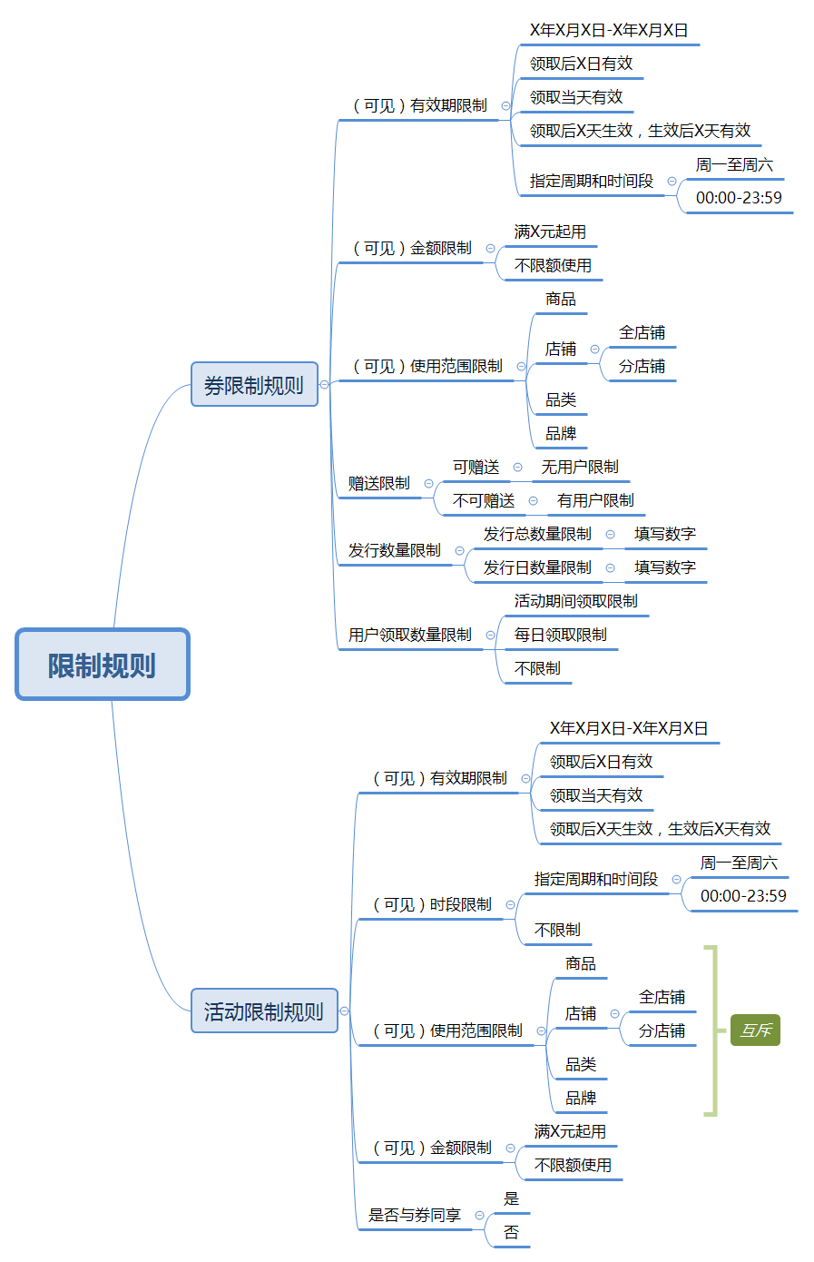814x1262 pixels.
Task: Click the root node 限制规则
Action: point(103,665)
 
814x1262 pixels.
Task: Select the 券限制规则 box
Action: point(254,384)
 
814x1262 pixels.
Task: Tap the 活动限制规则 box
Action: point(264,1011)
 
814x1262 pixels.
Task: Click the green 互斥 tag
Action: point(755,1030)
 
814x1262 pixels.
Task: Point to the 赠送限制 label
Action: point(379,483)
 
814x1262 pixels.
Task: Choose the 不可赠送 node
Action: point(484,500)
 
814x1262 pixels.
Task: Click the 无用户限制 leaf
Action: point(580,467)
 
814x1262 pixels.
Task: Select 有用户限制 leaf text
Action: point(595,500)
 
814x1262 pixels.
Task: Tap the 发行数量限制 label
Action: point(395,550)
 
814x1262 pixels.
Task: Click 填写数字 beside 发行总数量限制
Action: point(665,534)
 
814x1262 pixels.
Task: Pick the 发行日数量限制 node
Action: point(537,567)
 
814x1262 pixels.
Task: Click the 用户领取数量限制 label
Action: point(410,635)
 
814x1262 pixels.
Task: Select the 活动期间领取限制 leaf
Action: point(576,601)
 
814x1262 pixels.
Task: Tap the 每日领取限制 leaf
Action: point(561,635)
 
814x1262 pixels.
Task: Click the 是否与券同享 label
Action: point(415,1215)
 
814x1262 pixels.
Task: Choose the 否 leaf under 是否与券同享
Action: point(512,1232)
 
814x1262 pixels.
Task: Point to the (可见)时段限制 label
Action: point(432,904)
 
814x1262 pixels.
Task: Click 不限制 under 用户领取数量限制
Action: point(537,668)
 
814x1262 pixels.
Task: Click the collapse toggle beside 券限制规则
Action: point(325,384)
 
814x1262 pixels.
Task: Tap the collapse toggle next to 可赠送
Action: point(518,468)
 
